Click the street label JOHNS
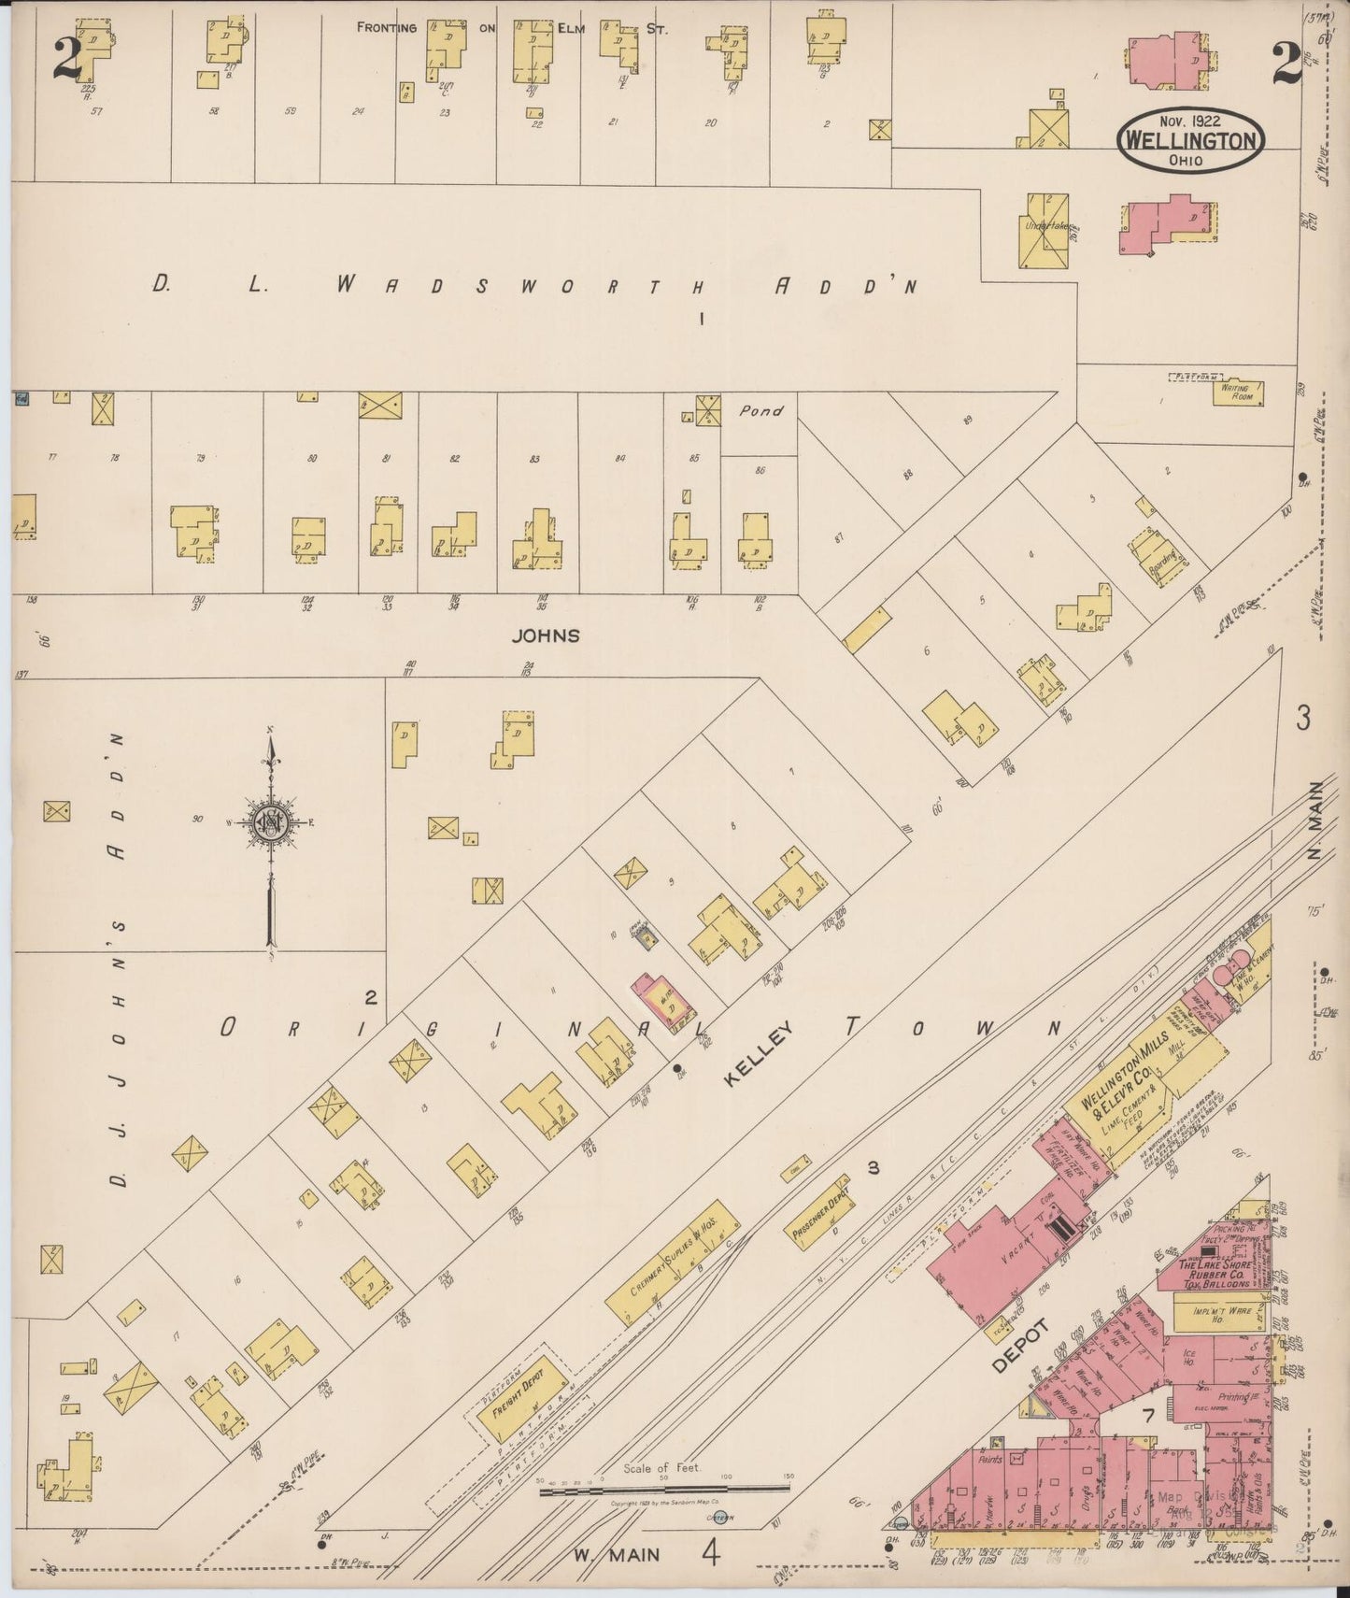click(x=546, y=635)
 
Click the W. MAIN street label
click(x=616, y=1555)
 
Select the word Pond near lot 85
click(x=760, y=410)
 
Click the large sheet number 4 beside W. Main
click(x=712, y=1552)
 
